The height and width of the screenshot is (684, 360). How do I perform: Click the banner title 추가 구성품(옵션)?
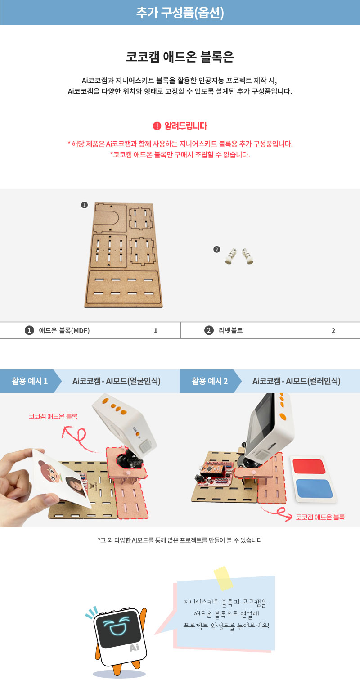(x=180, y=13)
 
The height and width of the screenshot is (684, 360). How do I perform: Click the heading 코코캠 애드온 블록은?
(x=180, y=57)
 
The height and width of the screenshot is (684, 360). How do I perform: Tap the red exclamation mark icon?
(x=157, y=126)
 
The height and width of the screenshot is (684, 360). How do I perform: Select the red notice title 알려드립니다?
(x=186, y=126)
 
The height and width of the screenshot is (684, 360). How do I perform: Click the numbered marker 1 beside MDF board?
(x=85, y=205)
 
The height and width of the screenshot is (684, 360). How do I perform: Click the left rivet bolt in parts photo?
(x=231, y=256)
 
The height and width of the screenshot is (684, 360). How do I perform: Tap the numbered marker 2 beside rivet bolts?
(x=217, y=249)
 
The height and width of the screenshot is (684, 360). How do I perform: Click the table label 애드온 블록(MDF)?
(x=64, y=330)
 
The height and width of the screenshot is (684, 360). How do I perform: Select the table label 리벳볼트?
(x=231, y=330)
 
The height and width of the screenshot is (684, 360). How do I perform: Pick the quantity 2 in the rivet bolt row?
(x=333, y=330)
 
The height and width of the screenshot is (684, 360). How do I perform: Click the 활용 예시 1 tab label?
(x=30, y=381)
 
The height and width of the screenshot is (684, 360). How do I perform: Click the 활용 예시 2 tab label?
(x=210, y=381)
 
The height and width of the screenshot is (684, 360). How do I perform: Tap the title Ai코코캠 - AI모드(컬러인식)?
(x=296, y=381)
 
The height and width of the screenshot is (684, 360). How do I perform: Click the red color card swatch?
(x=309, y=466)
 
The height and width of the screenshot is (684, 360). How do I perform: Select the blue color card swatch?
(x=315, y=488)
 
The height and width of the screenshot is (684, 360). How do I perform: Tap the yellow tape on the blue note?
(x=223, y=578)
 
